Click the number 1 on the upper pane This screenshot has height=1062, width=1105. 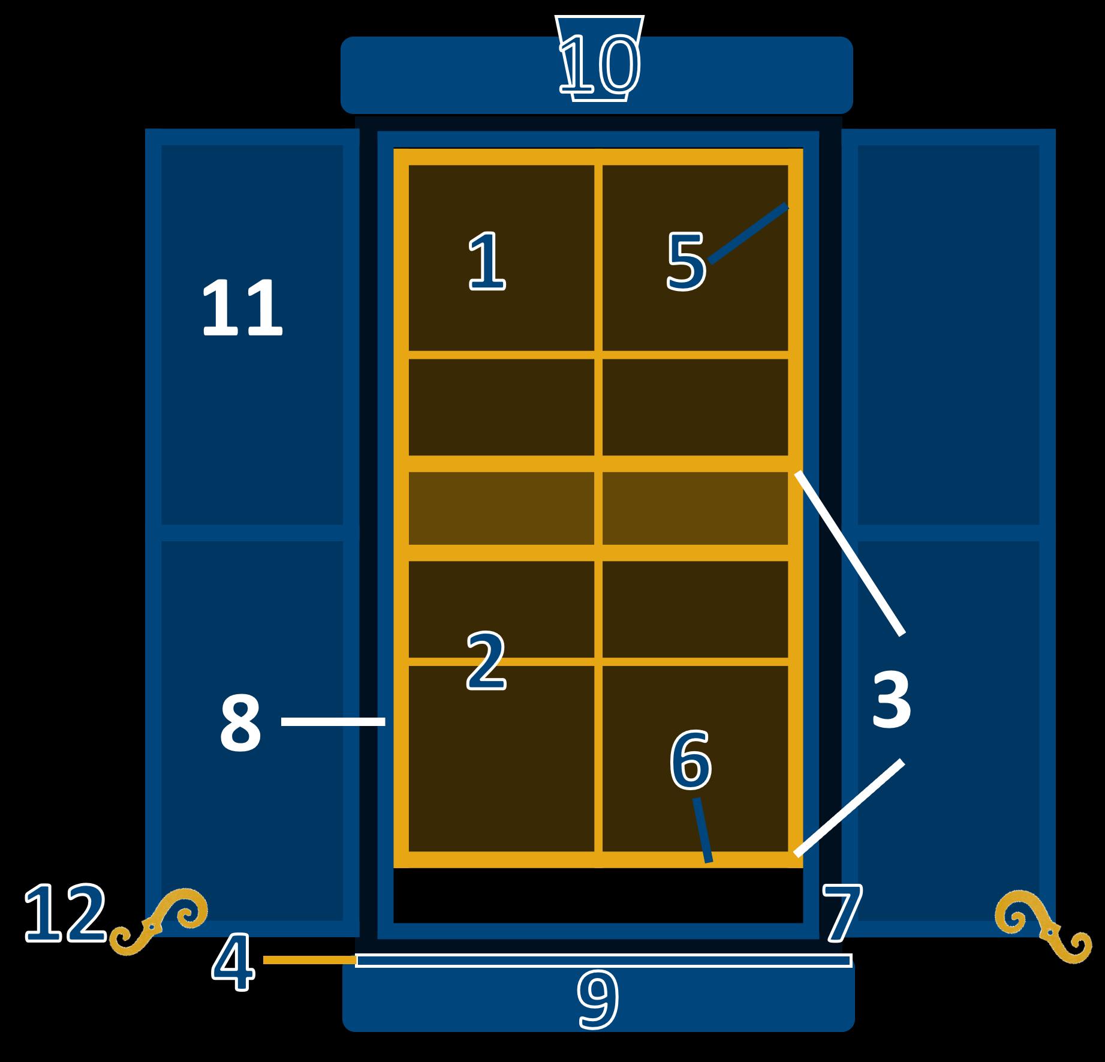coord(487,262)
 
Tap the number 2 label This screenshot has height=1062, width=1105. coord(486,662)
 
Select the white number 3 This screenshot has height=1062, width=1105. coord(891,700)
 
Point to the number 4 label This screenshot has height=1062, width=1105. coord(233,961)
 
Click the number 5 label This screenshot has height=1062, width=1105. coord(687,263)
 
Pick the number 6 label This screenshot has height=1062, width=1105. coord(690,760)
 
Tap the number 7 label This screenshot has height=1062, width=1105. coord(842,913)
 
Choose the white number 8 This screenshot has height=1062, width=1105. coord(240,724)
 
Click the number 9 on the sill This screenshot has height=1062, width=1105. coord(597,1000)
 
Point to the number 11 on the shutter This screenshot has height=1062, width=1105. coord(242,308)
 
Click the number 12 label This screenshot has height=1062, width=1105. coord(65,913)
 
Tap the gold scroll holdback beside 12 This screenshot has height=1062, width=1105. coord(158,922)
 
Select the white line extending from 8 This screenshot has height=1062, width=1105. coord(333,722)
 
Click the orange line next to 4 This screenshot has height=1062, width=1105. coord(309,961)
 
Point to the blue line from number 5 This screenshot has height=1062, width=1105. coord(748,233)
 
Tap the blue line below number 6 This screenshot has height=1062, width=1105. coord(703,830)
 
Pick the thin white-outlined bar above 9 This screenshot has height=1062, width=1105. coord(603,961)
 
